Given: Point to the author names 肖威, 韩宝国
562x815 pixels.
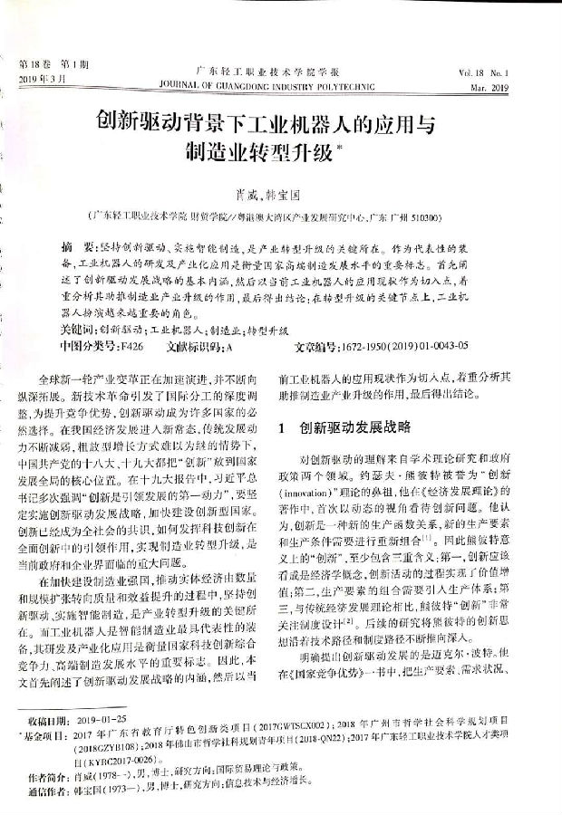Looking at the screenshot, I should [x=283, y=194].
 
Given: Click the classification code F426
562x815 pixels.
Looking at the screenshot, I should [x=131, y=346].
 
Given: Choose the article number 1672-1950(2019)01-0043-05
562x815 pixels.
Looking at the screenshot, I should [x=402, y=346].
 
